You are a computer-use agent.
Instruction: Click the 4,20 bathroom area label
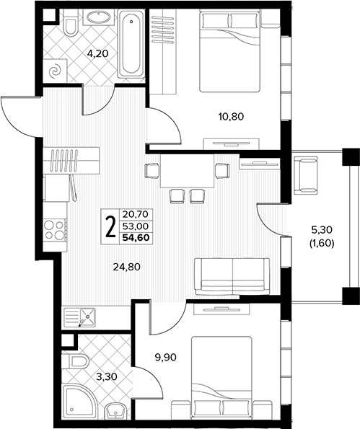pos(97,53)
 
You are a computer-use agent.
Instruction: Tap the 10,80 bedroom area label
pos(231,117)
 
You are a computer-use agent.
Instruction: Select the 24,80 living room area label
pos(127,267)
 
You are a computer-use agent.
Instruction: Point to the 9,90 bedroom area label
pos(166,357)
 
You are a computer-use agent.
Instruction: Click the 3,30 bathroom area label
pos(107,377)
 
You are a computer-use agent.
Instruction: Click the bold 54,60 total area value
pos(136,237)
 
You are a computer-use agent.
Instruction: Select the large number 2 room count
pos(110,226)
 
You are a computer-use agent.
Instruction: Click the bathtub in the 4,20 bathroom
pos(131,43)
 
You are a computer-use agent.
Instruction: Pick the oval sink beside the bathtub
pos(99,17)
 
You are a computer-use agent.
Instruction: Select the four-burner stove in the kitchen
pos(55,230)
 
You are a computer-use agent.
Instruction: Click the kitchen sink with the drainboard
pos(79,317)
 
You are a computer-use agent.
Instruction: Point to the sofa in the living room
pos(232,277)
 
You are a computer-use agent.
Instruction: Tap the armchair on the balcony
pos(305,175)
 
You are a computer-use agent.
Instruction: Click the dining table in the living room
pos(188,172)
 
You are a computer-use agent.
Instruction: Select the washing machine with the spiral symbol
pos(55,71)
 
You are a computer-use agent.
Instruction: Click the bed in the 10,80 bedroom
pos(229,51)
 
